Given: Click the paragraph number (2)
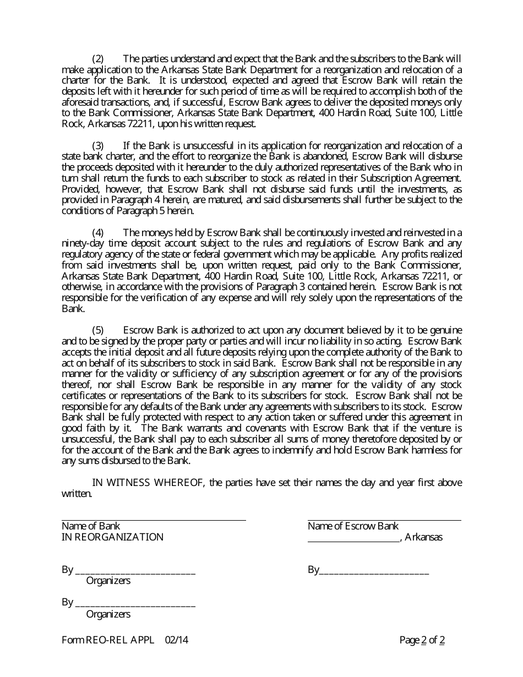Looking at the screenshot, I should pyautogui.click(x=97, y=59).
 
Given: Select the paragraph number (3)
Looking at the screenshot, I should pyautogui.click(x=97, y=146).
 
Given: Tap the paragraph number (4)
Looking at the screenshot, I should pyautogui.click(x=97, y=233).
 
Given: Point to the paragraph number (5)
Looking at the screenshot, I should pyautogui.click(x=97, y=330).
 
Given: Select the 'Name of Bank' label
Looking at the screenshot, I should pyautogui.click(x=91, y=526).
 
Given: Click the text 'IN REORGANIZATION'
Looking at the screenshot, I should pyautogui.click(x=112, y=537).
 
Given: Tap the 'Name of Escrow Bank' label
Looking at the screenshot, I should pyautogui.click(x=353, y=526).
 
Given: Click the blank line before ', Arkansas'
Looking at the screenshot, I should pyautogui.click(x=353, y=540).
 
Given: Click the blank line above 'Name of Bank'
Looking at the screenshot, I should pyautogui.click(x=154, y=520).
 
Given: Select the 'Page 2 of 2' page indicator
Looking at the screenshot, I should pyautogui.click(x=422, y=640).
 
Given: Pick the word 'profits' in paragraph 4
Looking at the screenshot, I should pyautogui.click(x=413, y=254).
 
